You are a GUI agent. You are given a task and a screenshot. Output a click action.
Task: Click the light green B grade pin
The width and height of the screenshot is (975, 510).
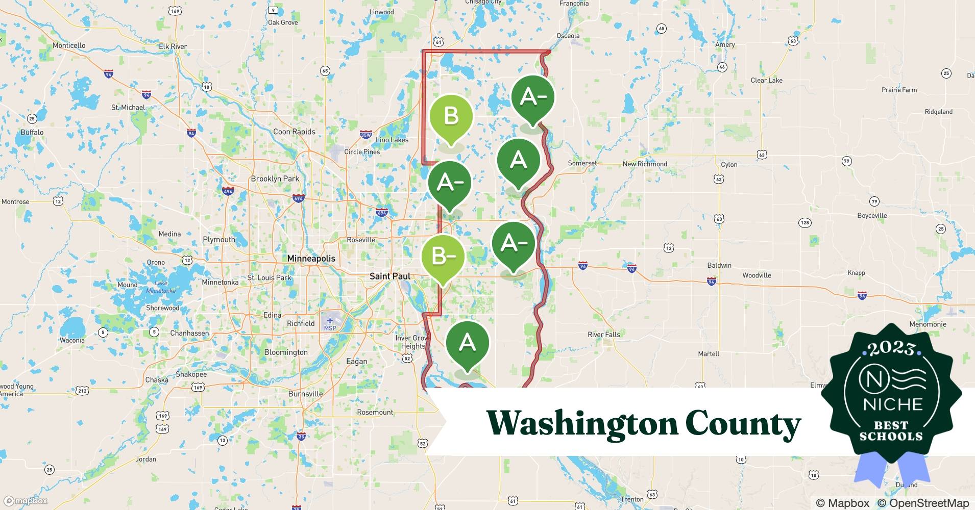point(451,117)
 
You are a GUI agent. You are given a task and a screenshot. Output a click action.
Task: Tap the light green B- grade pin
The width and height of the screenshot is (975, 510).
point(443,257)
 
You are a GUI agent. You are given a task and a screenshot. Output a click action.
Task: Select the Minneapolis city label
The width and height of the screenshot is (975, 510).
point(311,259)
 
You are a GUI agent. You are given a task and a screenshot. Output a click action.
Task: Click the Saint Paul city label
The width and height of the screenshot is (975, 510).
point(390,276)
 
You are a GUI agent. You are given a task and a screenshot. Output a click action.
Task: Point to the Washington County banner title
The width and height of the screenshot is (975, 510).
point(643,423)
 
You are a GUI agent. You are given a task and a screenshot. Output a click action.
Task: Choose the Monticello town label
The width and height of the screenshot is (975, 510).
point(69,45)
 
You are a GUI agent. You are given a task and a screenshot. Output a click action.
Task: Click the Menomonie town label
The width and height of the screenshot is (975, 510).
point(928,324)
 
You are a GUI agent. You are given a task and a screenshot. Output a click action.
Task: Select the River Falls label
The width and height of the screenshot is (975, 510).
point(603,335)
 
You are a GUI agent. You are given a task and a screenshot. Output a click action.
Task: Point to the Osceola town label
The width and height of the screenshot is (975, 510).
point(568,36)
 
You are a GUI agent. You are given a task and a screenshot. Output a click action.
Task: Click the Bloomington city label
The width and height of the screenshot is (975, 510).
point(286,352)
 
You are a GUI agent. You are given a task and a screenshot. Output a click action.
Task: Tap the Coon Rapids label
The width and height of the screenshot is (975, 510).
point(294,132)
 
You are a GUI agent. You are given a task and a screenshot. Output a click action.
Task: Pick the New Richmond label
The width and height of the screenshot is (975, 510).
point(645,164)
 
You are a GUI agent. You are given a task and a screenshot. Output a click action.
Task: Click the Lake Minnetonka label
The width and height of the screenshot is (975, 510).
point(161,287)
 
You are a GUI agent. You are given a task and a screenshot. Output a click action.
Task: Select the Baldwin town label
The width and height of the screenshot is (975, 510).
point(719,265)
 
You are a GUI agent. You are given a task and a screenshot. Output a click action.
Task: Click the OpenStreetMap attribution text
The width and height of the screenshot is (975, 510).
point(923,503)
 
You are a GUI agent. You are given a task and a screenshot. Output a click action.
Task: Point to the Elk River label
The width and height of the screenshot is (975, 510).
point(173,46)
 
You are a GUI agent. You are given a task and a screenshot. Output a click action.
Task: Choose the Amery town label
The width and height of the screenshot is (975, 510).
point(725,45)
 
